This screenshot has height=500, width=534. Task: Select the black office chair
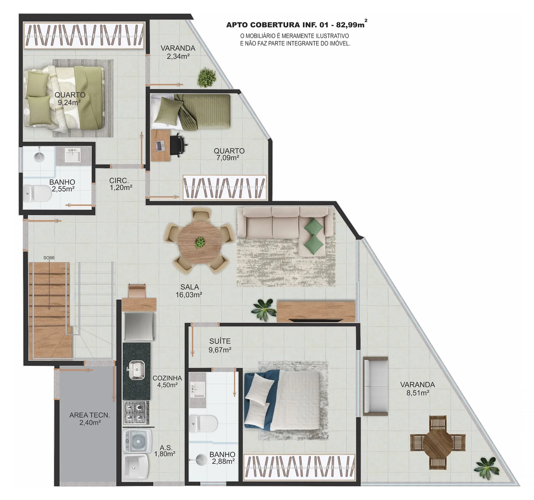tap(178, 145)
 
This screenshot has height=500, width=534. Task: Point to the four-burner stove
tap(136, 412)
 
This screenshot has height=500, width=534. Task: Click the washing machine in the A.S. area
tap(137, 441)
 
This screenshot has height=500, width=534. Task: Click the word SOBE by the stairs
tap(49, 258)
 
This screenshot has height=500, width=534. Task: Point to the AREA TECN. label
tap(89, 415)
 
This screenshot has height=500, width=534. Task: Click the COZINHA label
tap(167, 378)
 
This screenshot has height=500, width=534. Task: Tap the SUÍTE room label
tap(220, 341)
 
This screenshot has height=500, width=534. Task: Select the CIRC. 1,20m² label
tap(121, 184)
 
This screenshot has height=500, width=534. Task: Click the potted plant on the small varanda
tap(206, 77)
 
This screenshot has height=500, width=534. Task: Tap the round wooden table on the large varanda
tap(438, 443)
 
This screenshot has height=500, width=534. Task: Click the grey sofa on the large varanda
tap(375, 386)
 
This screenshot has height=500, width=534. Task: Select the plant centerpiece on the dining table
tap(200, 242)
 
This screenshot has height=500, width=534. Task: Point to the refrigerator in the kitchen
tap(139, 326)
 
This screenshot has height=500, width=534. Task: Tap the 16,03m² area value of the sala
tap(189, 295)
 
